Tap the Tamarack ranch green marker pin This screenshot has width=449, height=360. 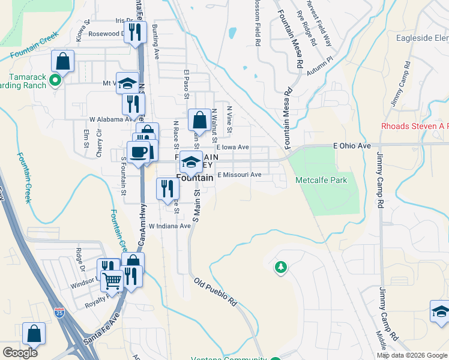pos(55,79)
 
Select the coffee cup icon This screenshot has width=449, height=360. pos(139,152)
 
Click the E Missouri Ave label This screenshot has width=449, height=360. pos(240,175)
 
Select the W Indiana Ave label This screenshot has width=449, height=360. pos(169,226)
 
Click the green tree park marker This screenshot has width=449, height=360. pos(280,266)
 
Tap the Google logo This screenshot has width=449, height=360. pos(20,353)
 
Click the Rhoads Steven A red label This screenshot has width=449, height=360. pos(415,126)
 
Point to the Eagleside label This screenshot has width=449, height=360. pos(423,38)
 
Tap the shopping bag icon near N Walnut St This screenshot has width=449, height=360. pos(199,119)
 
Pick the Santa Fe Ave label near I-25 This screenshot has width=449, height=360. pos(101,328)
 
